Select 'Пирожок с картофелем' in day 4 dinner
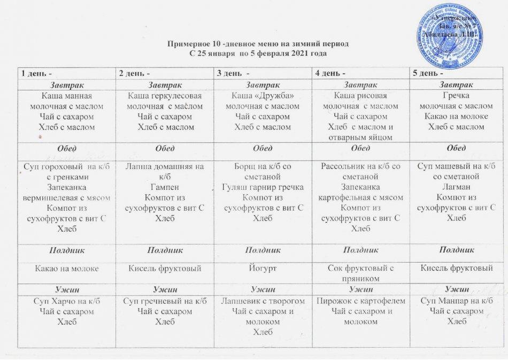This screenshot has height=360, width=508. [x=358, y=302]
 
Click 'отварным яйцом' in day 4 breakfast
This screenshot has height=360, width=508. [x=358, y=137]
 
